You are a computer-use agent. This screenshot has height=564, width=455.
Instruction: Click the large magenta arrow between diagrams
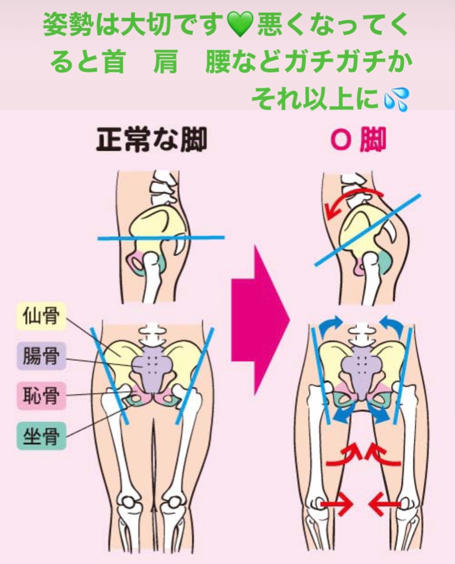(x=259, y=319)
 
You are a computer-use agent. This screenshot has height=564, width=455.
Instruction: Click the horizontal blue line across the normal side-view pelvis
(x=161, y=238)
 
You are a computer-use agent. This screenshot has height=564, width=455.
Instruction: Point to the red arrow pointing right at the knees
(x=337, y=503)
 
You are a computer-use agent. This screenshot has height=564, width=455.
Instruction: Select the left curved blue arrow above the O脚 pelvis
(x=331, y=326)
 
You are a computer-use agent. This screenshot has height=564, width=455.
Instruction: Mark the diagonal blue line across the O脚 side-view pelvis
(x=368, y=230)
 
